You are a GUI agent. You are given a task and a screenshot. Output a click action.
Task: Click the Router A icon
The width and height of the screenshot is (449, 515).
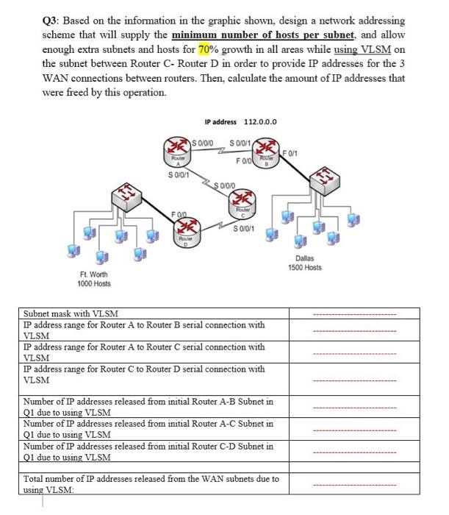click(x=176, y=146)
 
